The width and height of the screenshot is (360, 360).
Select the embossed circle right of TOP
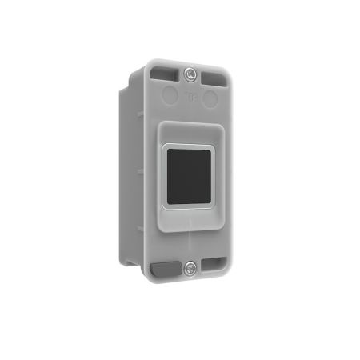(210, 99)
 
